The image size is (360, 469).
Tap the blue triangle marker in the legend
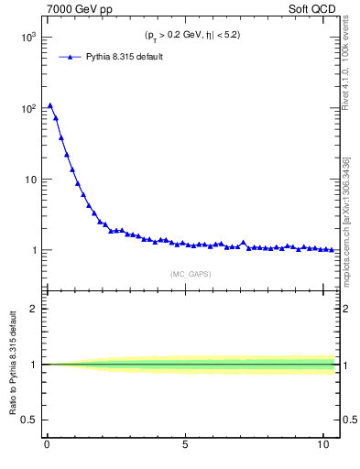[x=73, y=57]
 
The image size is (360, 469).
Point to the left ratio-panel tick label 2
[x=32, y=309]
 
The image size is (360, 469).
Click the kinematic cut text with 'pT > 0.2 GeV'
[x=191, y=36]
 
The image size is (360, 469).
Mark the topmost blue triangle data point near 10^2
[x=50, y=105]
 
